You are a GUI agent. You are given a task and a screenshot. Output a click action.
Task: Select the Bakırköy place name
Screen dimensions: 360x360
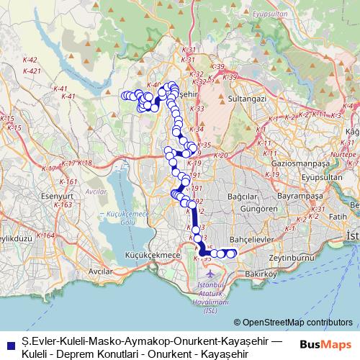[262, 274]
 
